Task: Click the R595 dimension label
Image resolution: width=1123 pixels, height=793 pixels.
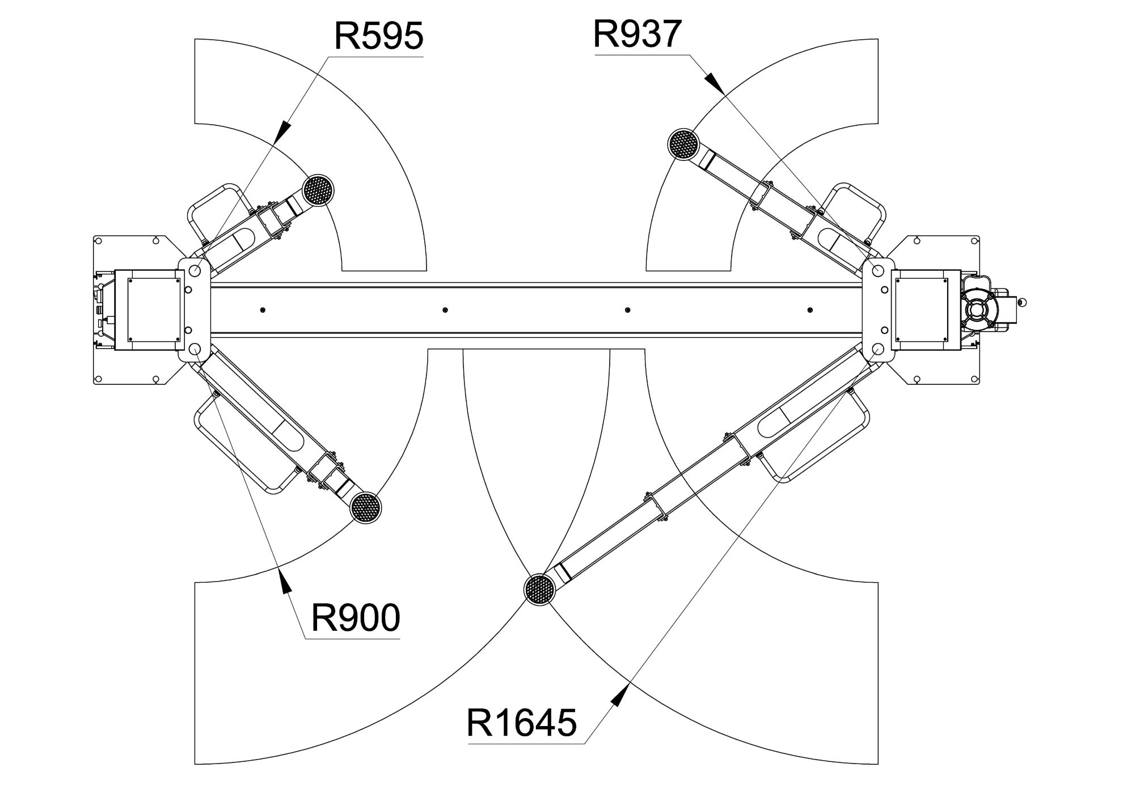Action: [379, 36]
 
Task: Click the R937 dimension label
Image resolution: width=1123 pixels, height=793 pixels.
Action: [637, 34]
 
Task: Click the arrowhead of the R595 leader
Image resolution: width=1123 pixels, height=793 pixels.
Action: [283, 130]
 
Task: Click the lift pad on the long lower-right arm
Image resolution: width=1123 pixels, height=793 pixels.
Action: [539, 590]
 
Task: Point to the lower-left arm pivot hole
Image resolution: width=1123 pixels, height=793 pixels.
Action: [195, 349]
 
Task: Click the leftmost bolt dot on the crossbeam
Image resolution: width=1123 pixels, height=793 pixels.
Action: [263, 310]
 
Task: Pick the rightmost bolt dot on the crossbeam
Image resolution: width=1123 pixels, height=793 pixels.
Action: [810, 310]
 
